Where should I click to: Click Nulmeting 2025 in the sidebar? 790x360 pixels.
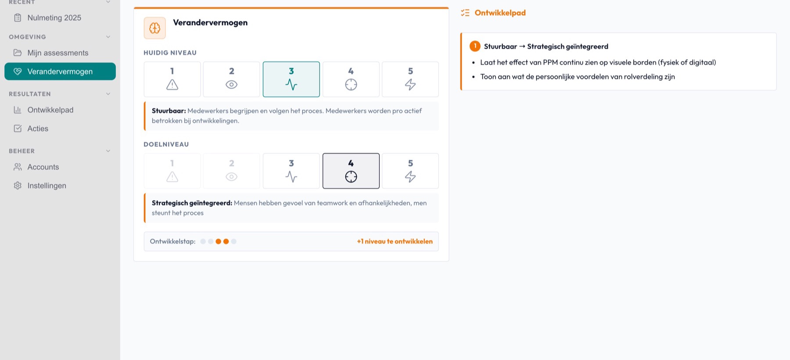pos(54,18)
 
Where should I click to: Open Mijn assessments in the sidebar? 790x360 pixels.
pos(57,53)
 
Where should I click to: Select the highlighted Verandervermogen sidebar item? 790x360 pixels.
pos(60,72)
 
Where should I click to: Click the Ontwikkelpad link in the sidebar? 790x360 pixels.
pos(50,110)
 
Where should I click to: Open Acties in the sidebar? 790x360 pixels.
pos(38,129)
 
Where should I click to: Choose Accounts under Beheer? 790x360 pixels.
pos(43,167)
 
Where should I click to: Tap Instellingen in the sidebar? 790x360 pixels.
pos(47,186)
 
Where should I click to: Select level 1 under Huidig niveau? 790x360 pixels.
pos(172,79)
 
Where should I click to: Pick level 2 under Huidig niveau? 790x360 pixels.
pos(232,79)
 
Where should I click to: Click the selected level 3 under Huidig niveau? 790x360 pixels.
pos(291,79)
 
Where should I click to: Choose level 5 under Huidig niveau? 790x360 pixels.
pos(410,79)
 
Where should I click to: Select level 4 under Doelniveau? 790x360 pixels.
pos(351,171)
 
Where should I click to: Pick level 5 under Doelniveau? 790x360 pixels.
pos(410,171)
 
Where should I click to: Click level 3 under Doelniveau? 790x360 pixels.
pos(291,171)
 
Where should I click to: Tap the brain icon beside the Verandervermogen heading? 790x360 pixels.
pos(155,28)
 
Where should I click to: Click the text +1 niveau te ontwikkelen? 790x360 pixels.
pos(395,241)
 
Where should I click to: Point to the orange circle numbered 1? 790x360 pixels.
pos(475,46)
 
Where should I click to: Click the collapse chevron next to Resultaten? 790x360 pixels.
pos(108,94)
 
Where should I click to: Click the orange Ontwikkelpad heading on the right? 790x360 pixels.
pos(500,13)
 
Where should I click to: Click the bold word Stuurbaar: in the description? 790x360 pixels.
pos(169,111)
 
